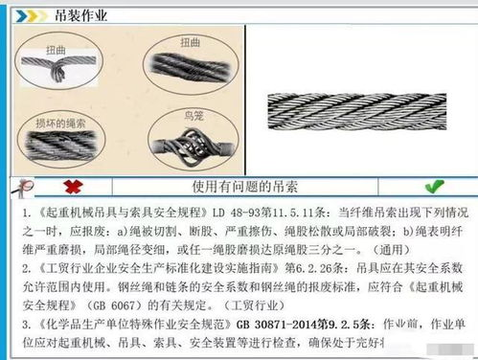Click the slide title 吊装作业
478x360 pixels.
point(80,14)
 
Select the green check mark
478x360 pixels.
point(434,186)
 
